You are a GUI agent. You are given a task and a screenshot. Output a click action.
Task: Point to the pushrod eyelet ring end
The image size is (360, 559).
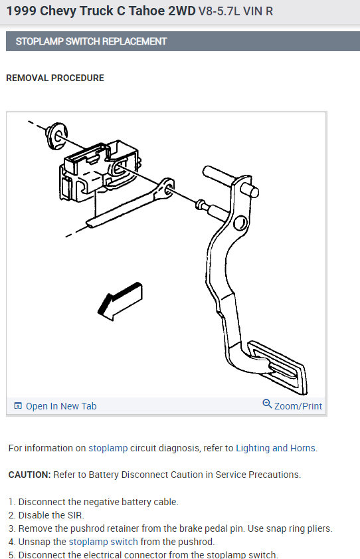tap(168, 189)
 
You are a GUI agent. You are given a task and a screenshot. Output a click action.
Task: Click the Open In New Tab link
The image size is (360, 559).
tap(60, 406)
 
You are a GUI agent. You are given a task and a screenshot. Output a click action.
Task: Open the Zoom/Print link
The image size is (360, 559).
tap(298, 406)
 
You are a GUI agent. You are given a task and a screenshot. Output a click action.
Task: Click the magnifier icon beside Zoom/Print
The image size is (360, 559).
tap(267, 405)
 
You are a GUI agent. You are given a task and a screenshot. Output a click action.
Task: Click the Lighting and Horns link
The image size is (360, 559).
tap(276, 448)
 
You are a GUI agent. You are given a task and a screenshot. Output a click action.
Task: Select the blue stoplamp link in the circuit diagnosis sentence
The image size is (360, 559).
tap(108, 448)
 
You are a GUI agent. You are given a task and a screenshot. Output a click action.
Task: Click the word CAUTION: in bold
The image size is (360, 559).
tap(31, 475)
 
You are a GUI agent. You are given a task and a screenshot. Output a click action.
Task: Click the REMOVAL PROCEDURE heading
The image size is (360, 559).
tap(55, 78)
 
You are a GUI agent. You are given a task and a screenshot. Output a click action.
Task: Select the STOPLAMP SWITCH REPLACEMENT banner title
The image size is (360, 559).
tap(91, 41)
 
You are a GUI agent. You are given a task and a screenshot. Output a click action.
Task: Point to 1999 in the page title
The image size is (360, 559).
tap(21, 11)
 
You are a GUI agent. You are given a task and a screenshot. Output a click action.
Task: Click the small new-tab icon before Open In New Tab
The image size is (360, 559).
tap(18, 406)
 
